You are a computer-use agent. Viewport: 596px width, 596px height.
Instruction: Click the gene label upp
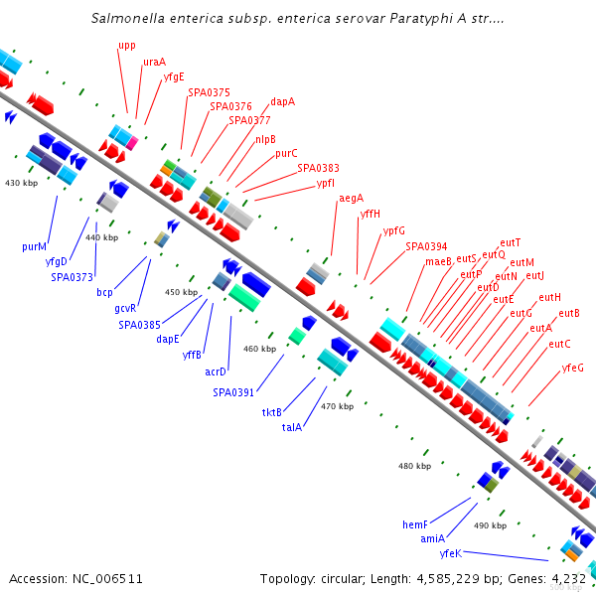pos(127,46)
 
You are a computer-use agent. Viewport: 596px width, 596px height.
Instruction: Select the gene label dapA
pos(282,102)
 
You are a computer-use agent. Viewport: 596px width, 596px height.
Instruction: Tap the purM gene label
pos(34,246)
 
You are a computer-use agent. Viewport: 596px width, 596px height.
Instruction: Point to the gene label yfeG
pos(572,368)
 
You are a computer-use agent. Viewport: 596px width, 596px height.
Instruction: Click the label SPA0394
pos(426,246)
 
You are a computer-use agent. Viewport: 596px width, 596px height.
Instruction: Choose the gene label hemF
pos(415,524)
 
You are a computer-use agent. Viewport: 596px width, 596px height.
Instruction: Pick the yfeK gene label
pos(451,553)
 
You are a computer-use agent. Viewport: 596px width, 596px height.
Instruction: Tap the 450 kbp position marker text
pos(182,292)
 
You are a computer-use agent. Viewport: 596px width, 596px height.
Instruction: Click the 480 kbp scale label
pos(414,466)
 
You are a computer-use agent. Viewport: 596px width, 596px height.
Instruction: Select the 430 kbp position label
pos(21,183)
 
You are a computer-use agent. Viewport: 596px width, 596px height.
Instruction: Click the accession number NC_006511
pos(107,579)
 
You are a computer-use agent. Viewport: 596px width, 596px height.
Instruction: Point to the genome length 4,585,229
pos(448,579)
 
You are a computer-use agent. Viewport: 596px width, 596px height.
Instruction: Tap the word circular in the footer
pos(344,579)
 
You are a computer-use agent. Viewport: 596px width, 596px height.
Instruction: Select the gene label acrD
pos(216,372)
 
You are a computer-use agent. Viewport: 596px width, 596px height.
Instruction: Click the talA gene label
pos(292,427)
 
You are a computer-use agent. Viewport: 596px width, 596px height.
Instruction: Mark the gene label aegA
pos(352,199)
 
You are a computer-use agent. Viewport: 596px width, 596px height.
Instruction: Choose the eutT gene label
pos(511,242)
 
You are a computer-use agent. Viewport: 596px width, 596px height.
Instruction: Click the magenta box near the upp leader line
pos(132,143)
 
